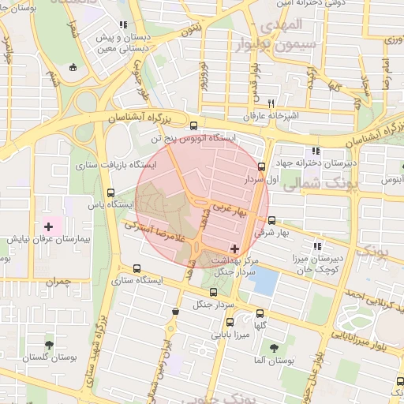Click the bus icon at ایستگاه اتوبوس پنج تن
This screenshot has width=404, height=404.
(x=194, y=125)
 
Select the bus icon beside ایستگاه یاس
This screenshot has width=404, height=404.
(x=111, y=192)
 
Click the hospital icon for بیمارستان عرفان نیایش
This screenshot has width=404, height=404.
(x=48, y=226)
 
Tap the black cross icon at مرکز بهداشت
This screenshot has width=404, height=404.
(x=234, y=249)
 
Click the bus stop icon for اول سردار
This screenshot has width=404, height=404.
(x=262, y=166)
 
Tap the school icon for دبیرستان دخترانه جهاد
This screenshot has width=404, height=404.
(x=316, y=151)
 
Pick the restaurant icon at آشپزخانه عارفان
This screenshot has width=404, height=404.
(x=271, y=103)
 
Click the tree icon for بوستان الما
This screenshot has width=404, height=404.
(x=274, y=347)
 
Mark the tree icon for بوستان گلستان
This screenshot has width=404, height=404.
(x=49, y=345)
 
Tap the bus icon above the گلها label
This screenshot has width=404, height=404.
(x=230, y=322)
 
